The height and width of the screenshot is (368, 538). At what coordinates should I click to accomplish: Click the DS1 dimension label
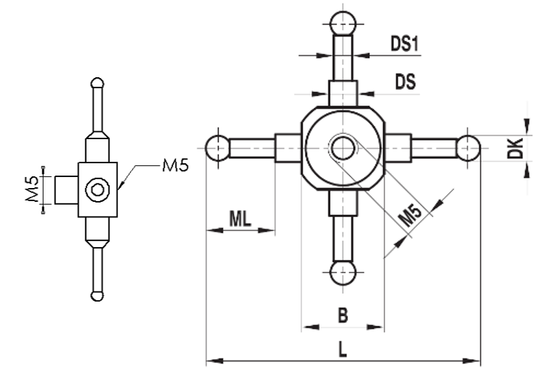[405, 44]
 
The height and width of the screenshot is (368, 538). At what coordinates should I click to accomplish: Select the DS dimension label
[406, 82]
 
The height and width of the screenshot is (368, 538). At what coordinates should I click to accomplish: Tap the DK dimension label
[515, 148]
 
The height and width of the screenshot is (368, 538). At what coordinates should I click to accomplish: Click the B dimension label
[343, 315]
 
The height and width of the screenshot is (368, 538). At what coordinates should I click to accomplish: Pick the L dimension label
[343, 350]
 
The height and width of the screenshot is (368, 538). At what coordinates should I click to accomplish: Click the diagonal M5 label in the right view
[411, 216]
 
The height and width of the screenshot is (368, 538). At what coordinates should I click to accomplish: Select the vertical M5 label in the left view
[33, 189]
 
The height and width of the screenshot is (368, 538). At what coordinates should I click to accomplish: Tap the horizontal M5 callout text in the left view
[175, 166]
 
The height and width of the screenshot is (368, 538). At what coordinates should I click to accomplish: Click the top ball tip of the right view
[343, 23]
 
